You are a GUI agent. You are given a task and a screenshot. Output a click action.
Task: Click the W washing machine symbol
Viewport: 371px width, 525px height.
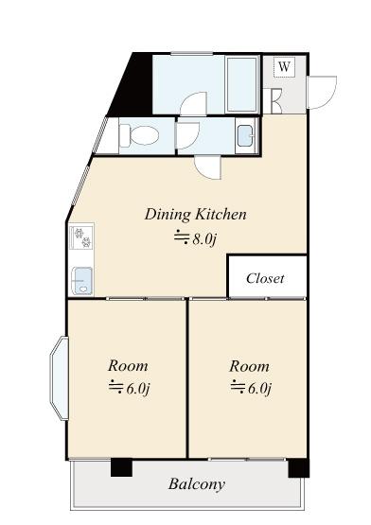284,67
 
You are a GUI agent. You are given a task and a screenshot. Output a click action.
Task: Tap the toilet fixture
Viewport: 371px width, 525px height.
139,136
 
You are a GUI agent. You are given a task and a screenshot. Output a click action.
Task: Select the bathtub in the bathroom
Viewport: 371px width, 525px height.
242,85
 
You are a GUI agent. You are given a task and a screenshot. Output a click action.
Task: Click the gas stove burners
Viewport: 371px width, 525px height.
82,236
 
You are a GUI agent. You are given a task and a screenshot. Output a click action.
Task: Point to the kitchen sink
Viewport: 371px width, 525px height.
81,281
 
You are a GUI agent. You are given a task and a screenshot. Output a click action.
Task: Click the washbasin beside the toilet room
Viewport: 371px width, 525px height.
245,136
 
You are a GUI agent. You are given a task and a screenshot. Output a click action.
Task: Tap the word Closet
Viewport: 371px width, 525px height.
265,278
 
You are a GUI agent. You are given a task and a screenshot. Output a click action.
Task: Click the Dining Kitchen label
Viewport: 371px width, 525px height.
196,215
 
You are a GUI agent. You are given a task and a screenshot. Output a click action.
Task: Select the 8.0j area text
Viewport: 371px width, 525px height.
196,239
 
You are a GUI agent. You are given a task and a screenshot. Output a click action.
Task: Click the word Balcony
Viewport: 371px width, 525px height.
197,484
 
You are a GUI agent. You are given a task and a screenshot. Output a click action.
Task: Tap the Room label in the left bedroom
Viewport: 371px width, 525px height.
128,366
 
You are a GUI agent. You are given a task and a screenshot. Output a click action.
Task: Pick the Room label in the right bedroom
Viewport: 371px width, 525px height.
249,366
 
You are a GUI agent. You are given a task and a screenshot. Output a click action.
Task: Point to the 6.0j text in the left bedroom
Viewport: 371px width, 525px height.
130,389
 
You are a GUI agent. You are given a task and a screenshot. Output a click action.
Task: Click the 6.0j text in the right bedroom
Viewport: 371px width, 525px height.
251,389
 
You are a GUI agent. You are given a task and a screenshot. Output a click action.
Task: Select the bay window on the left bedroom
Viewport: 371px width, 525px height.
59,378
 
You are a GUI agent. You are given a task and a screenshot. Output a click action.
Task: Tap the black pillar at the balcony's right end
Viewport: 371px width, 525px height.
298,468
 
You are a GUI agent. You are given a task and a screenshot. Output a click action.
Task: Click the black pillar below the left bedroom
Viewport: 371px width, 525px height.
121,467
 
